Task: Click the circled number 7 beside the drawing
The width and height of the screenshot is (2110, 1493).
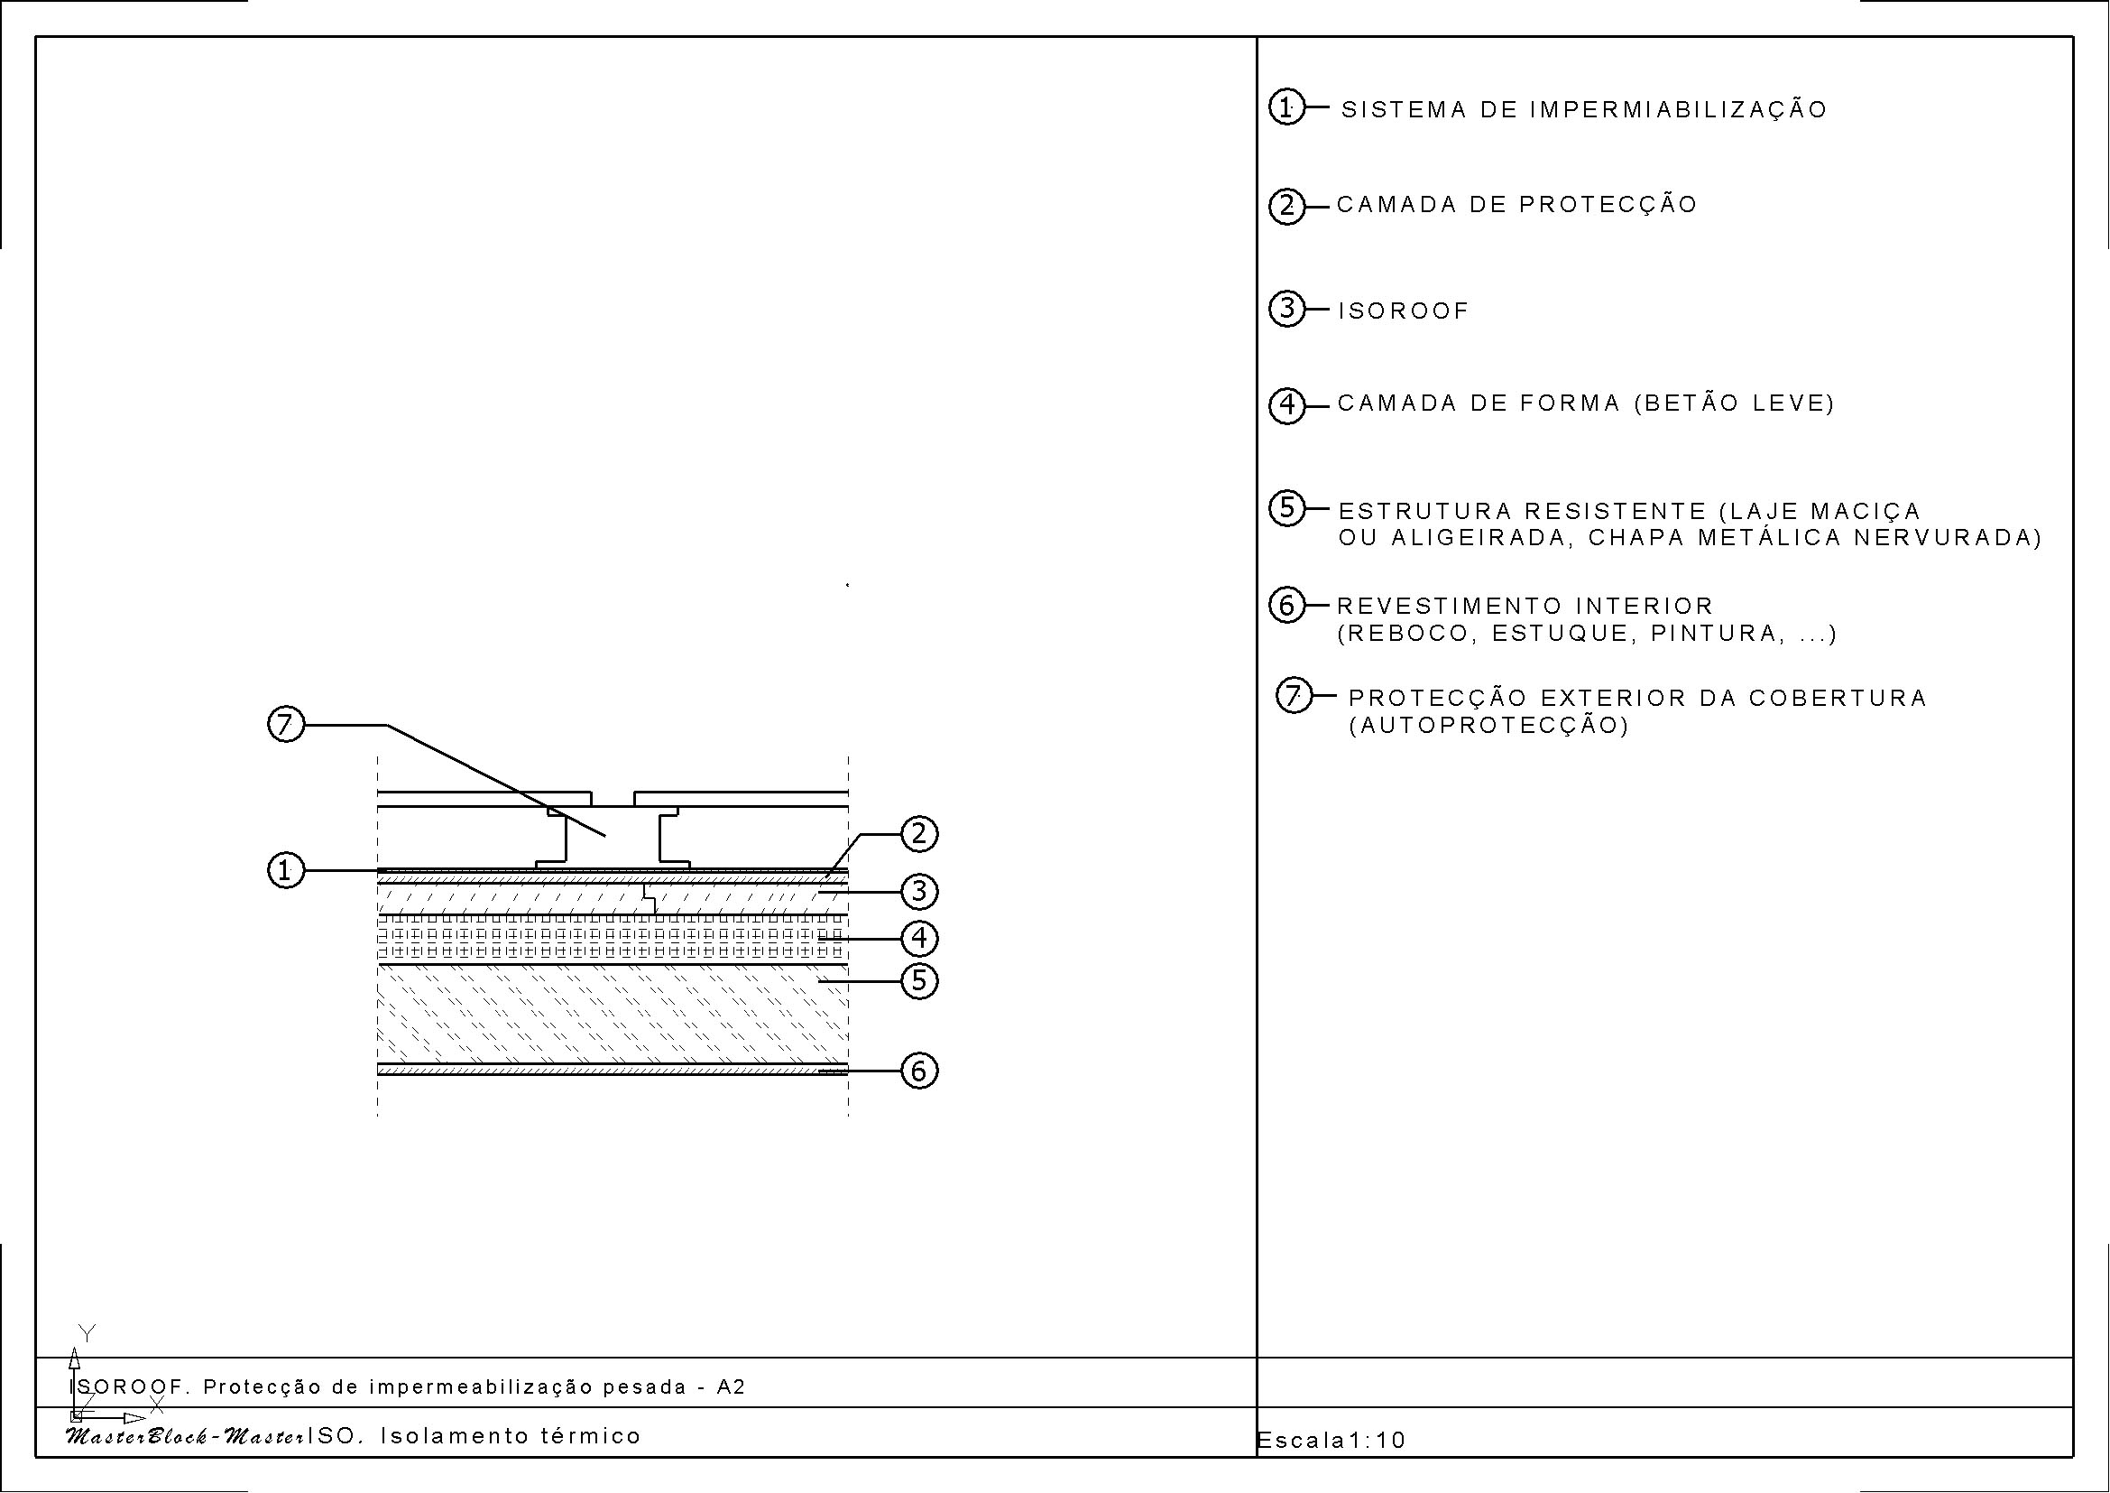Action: [286, 725]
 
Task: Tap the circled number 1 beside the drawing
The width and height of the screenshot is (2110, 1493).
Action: [286, 869]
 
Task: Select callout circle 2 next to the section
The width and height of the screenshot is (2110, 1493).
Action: [920, 835]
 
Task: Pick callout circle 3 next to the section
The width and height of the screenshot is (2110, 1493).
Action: [920, 891]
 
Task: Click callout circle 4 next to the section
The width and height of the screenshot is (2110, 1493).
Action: [920, 939]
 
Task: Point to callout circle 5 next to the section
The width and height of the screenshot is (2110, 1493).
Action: [920, 981]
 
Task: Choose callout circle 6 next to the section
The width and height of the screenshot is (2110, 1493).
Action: [920, 1071]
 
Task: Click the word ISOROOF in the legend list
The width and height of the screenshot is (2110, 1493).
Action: [1404, 311]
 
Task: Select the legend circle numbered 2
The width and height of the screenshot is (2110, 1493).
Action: [1286, 206]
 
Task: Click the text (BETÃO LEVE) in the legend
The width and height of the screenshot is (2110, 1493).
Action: [1734, 403]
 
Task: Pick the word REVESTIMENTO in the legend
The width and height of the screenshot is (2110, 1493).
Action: [1450, 606]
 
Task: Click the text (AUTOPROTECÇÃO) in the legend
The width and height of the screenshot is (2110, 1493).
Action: [1488, 726]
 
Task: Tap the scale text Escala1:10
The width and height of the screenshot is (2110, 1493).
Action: [1331, 1440]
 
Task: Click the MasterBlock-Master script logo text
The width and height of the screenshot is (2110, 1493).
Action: [185, 1436]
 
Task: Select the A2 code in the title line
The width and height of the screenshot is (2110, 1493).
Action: [732, 1386]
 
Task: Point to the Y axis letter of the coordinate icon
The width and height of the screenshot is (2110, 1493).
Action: [88, 1333]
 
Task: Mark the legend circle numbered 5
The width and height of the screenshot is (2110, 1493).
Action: [1286, 508]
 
